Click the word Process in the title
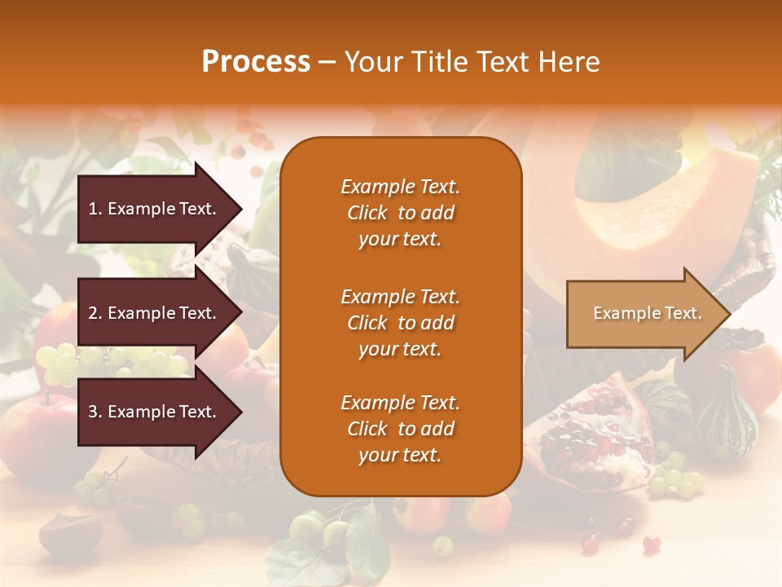click(256, 62)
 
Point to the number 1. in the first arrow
click(94, 209)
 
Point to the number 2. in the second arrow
click(94, 313)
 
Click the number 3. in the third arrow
click(94, 412)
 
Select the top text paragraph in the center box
click(400, 213)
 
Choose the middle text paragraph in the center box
click(400, 323)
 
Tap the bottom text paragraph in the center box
click(400, 429)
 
